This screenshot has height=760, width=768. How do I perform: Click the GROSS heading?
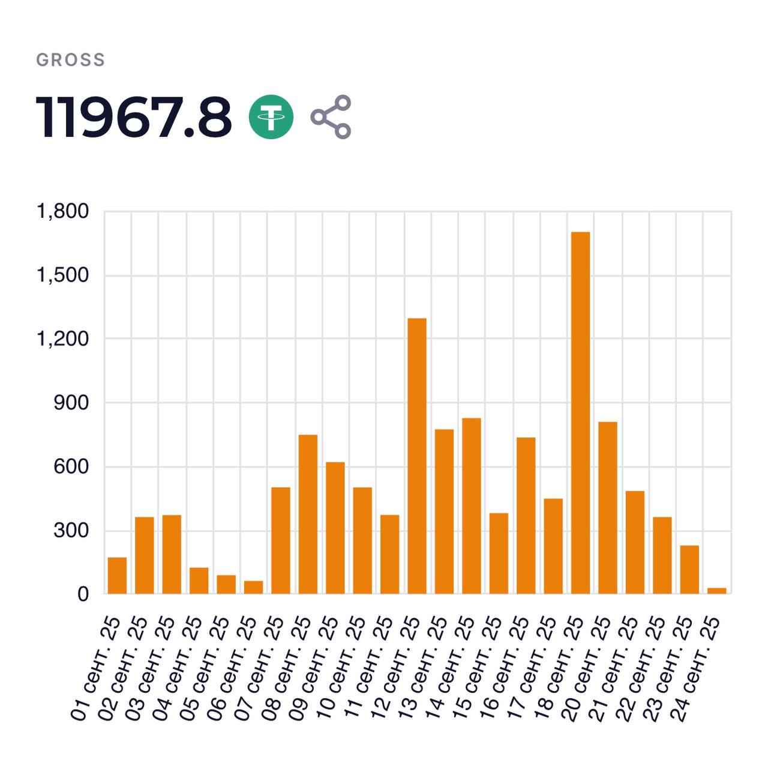click(x=71, y=60)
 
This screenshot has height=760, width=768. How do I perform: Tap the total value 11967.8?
click(x=134, y=118)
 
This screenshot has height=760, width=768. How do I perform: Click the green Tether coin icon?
click(x=271, y=117)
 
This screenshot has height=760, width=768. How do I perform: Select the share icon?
click(x=331, y=117)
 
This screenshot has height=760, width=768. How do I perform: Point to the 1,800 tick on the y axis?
click(x=62, y=211)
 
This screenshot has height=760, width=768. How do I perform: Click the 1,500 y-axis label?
click(x=62, y=275)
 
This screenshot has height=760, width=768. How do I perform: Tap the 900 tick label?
click(x=71, y=402)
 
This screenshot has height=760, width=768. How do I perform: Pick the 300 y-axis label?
click(x=71, y=530)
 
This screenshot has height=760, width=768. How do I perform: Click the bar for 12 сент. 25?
click(x=417, y=456)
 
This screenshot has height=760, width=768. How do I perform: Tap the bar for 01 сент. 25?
click(x=117, y=576)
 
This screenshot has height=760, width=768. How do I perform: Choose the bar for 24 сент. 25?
click(x=716, y=591)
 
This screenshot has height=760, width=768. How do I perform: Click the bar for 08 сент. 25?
click(x=308, y=514)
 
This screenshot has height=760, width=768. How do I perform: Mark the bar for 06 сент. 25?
click(x=253, y=587)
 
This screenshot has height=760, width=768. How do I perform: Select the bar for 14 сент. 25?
click(x=472, y=506)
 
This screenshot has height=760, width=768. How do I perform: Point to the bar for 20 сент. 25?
click(x=608, y=507)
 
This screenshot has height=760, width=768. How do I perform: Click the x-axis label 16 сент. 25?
click(x=506, y=666)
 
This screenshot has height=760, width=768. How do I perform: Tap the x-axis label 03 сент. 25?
click(x=151, y=666)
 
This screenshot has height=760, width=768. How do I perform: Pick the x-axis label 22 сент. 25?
click(x=642, y=666)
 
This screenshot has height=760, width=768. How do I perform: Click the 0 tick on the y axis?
click(x=83, y=594)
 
